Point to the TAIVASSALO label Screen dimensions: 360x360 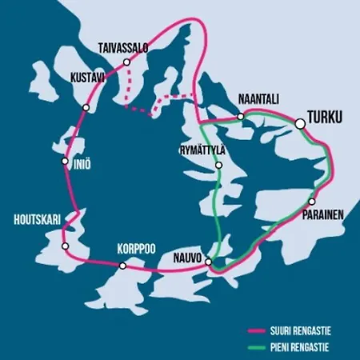point(124,49)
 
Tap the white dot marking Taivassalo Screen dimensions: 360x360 point(126,62)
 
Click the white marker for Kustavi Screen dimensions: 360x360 point(86,107)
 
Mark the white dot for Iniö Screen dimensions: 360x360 point(65,161)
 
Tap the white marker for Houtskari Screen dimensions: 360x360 point(64,246)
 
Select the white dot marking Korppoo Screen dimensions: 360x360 point(122,265)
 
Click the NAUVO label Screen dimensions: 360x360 point(186,258)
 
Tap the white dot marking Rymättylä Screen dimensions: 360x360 point(218,166)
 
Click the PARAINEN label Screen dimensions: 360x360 point(323,215)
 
